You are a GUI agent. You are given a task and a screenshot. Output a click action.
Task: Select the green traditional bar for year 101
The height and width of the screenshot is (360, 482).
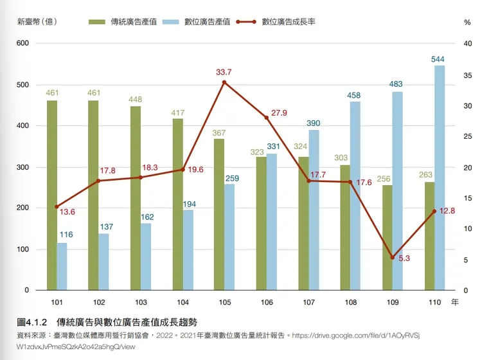coord(52,195)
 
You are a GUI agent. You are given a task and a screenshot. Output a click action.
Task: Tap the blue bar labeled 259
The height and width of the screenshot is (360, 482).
coord(229,237)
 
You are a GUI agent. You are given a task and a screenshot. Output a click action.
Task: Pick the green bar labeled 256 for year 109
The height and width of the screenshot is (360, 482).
coord(388,238)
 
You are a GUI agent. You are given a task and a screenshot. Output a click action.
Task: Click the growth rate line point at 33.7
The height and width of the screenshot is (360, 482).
coord(224,82)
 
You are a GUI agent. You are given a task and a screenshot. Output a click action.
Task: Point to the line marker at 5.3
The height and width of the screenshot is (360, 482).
coord(393,258)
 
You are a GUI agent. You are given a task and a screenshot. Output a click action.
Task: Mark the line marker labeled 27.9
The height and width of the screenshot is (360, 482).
coord(266,118)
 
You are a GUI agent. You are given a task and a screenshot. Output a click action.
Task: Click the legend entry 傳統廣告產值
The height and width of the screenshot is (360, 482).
coord(122,21)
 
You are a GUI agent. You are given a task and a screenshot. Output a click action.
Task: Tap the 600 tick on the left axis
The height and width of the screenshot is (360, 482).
coord(22,44)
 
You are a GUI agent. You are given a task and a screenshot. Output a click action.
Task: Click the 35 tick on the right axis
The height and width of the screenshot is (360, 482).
coord(467,75)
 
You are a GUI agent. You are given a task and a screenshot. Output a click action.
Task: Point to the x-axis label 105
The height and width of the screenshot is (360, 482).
coord(225,302)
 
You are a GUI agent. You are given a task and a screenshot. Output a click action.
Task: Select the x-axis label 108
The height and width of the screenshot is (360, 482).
coord(351,302)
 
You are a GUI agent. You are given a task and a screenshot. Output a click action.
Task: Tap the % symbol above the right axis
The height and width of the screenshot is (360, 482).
coord(467,22)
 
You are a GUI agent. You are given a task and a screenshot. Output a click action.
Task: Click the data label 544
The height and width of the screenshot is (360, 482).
coord(438,59)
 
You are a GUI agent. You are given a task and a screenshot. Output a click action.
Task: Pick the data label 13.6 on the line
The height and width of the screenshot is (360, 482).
coord(67,212)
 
